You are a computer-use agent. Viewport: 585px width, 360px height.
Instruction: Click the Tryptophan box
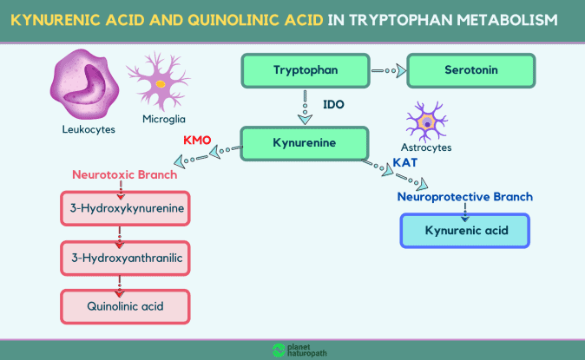[x=306, y=70]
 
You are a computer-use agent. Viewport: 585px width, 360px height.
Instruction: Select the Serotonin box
[x=470, y=70]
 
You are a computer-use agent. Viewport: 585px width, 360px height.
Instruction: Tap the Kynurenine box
[x=305, y=143]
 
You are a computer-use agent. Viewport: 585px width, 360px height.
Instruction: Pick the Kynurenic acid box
[x=465, y=231]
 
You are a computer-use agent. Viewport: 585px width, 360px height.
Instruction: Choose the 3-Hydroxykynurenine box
[x=125, y=208]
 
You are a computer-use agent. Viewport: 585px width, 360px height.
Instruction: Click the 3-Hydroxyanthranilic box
[x=125, y=259]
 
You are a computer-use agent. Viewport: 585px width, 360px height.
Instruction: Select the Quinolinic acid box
[x=125, y=307]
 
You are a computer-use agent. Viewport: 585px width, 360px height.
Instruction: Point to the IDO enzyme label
[x=333, y=104]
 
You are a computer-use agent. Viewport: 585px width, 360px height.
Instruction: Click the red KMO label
[x=197, y=141]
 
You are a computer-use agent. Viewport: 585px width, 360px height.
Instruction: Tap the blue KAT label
[x=405, y=163]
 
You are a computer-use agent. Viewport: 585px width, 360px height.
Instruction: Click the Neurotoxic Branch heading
[x=125, y=174]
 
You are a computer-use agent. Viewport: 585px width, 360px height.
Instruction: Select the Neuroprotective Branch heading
[x=465, y=197]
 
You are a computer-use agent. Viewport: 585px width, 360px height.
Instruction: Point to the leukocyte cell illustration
[x=84, y=84]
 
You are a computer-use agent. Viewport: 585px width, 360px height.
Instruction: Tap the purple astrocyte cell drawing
[x=427, y=121]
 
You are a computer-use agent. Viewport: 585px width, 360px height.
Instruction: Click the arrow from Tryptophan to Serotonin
[x=389, y=70]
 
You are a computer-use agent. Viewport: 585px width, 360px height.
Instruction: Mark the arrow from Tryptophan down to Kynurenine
[x=306, y=108]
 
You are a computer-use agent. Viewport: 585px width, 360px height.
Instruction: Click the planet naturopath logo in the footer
[x=299, y=350]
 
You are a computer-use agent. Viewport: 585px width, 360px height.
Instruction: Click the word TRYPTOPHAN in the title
[x=401, y=20]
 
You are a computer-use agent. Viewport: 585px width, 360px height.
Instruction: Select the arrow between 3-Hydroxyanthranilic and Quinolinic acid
[x=120, y=286]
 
